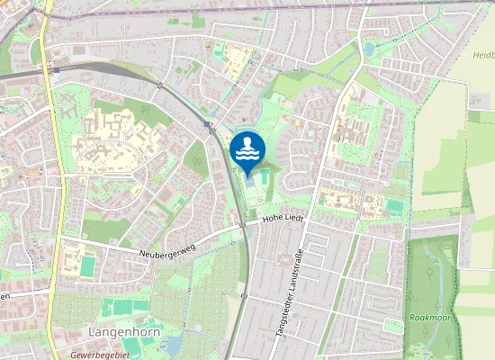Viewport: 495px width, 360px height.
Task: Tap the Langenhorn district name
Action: (x=118, y=332)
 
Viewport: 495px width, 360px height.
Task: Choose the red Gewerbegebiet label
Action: (x=99, y=355)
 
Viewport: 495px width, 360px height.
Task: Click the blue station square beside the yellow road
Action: (x=57, y=69)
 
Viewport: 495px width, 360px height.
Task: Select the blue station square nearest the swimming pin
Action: (x=208, y=124)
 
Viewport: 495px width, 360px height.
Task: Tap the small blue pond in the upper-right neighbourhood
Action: (x=370, y=49)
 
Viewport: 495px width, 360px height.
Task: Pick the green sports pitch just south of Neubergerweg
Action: (x=87, y=266)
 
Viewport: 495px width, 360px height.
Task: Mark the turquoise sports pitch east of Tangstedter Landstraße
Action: (x=394, y=207)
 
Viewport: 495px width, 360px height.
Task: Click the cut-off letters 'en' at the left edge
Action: (x=4, y=295)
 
